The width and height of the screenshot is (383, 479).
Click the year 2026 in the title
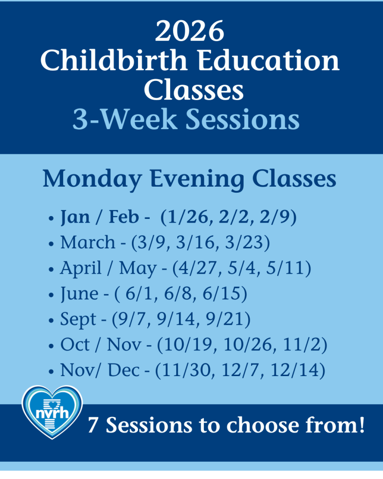click(x=190, y=31)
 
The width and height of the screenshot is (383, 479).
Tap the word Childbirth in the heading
click(x=114, y=60)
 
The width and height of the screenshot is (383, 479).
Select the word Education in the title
click(x=268, y=60)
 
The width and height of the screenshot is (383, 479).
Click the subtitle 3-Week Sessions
click(x=186, y=119)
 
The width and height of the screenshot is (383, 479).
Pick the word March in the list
click(x=87, y=243)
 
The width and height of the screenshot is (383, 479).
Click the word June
click(x=79, y=294)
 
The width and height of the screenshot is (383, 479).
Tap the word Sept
click(x=78, y=319)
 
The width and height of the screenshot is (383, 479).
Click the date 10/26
click(x=248, y=345)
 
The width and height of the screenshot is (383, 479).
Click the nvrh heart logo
click(x=52, y=412)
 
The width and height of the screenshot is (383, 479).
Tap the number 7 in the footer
click(x=93, y=425)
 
